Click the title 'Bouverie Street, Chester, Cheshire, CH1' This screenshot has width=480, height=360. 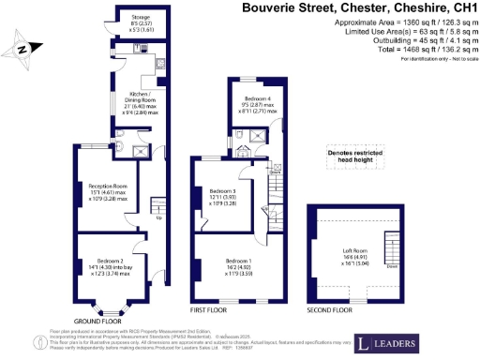pos(359,8)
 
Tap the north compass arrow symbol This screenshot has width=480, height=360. pos(25,46)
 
